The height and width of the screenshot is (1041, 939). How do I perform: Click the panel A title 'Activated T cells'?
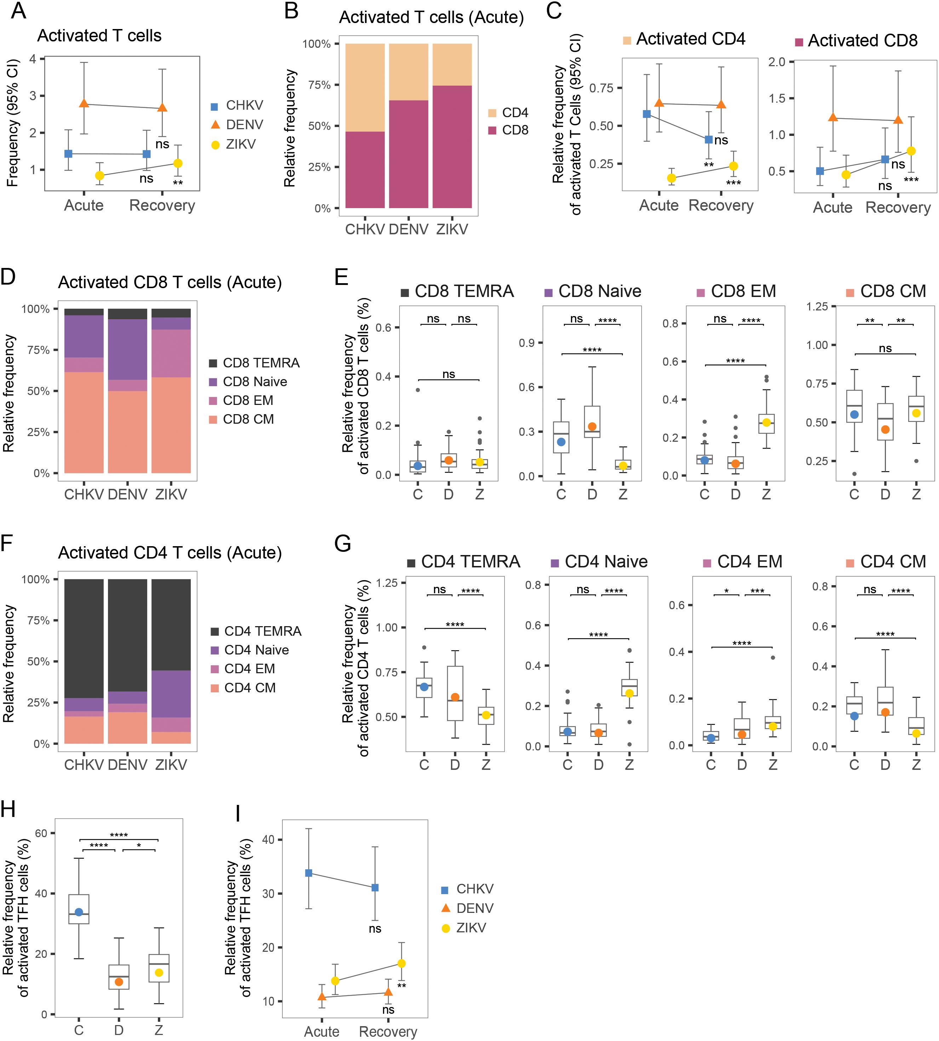pos(99,36)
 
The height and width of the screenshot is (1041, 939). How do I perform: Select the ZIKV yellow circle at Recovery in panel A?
pos(177,163)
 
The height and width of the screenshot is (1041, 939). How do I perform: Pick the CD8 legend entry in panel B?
pos(508,130)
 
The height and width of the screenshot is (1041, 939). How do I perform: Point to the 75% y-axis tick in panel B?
pos(319,85)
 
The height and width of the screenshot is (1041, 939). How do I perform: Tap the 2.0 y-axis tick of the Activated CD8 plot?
pos(777,62)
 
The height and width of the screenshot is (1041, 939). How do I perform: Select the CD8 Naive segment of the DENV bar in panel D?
pos(127,349)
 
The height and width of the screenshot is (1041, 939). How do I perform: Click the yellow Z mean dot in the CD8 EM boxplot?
pos(766,423)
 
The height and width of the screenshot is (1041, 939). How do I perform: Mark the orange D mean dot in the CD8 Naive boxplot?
pos(592,427)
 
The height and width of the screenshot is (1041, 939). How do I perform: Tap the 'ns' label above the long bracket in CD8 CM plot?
pos(885,349)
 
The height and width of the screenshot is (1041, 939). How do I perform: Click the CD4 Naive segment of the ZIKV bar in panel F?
pos(171,694)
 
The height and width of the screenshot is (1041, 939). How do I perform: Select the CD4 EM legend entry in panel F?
pos(243,669)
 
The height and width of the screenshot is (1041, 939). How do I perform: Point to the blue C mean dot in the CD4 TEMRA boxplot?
pos(424,687)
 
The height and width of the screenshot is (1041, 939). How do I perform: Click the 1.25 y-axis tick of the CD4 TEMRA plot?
pos(387,583)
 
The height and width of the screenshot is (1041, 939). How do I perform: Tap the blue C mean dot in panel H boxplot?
pos(79,912)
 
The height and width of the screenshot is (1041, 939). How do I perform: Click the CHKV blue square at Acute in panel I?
pos(309,873)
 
